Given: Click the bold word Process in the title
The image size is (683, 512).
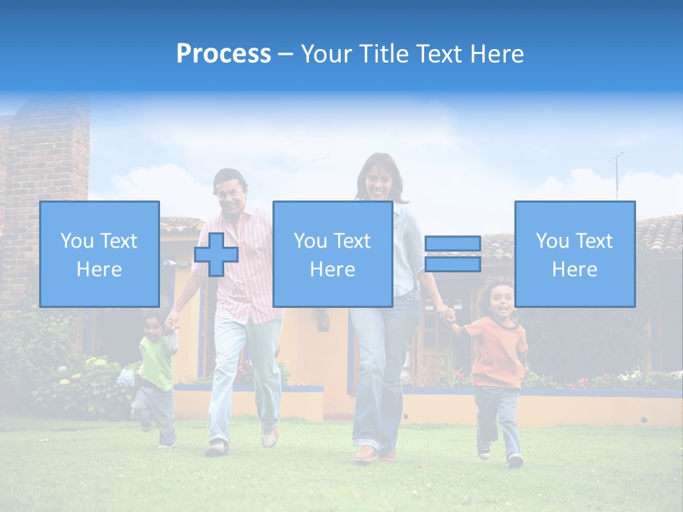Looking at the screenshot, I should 223,54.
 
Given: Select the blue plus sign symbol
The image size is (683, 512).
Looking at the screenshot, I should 216,255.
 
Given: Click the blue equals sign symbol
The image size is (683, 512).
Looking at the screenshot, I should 452,254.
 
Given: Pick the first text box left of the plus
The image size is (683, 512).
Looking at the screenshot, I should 100,255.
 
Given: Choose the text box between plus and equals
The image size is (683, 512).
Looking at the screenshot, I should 332,255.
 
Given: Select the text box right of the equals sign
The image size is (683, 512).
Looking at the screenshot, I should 575,255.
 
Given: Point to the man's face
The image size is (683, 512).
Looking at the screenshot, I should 231,192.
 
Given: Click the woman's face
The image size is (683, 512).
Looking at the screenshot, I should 378,181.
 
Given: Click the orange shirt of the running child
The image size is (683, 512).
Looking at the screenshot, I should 497,352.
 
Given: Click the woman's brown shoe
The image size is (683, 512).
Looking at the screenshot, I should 366,454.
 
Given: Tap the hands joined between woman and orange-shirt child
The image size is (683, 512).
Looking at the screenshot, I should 448,314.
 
